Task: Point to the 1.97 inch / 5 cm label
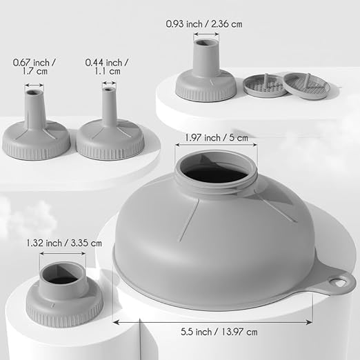click(x=216, y=137)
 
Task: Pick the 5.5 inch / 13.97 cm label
click(x=220, y=332)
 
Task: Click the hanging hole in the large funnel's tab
click(x=339, y=282)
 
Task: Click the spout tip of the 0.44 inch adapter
click(x=109, y=87)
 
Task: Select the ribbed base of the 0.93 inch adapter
click(x=205, y=90)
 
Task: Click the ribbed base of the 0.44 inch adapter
click(x=110, y=147)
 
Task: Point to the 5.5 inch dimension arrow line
click(x=220, y=321)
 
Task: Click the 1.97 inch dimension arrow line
click(x=216, y=146)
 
